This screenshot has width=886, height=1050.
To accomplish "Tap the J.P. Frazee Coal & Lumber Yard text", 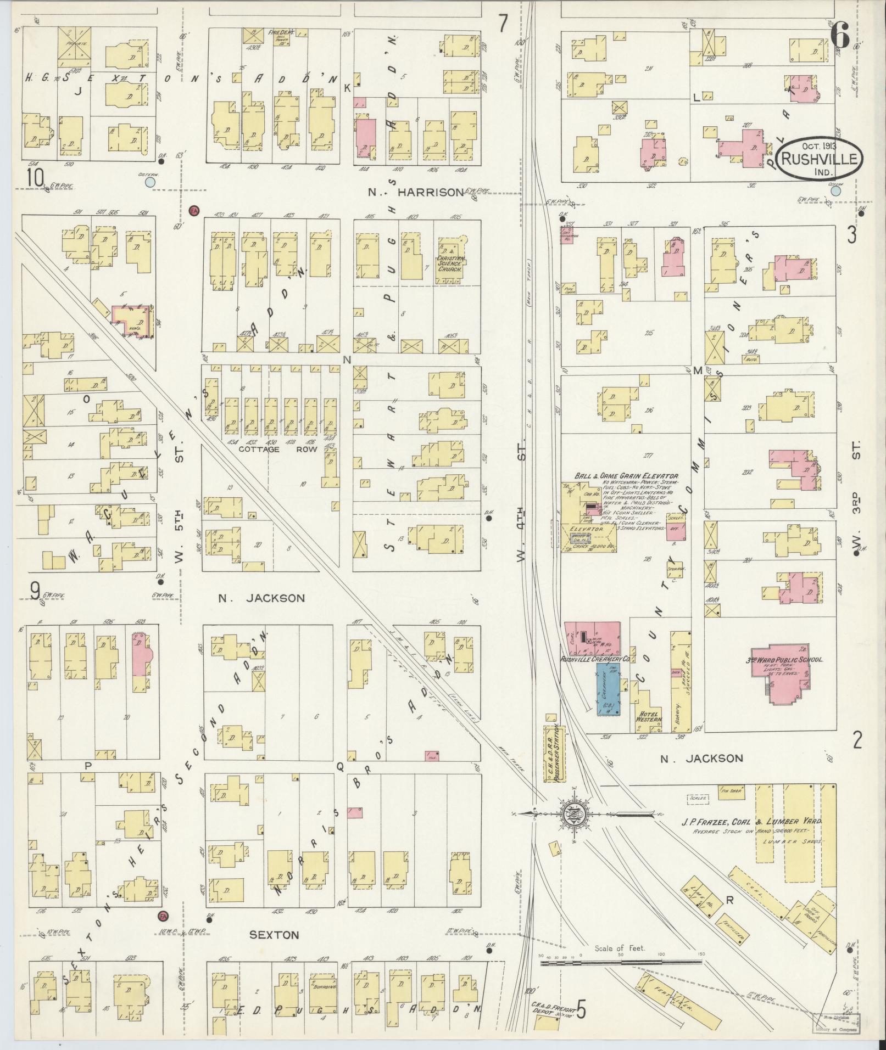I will pyautogui.click(x=750, y=822).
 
